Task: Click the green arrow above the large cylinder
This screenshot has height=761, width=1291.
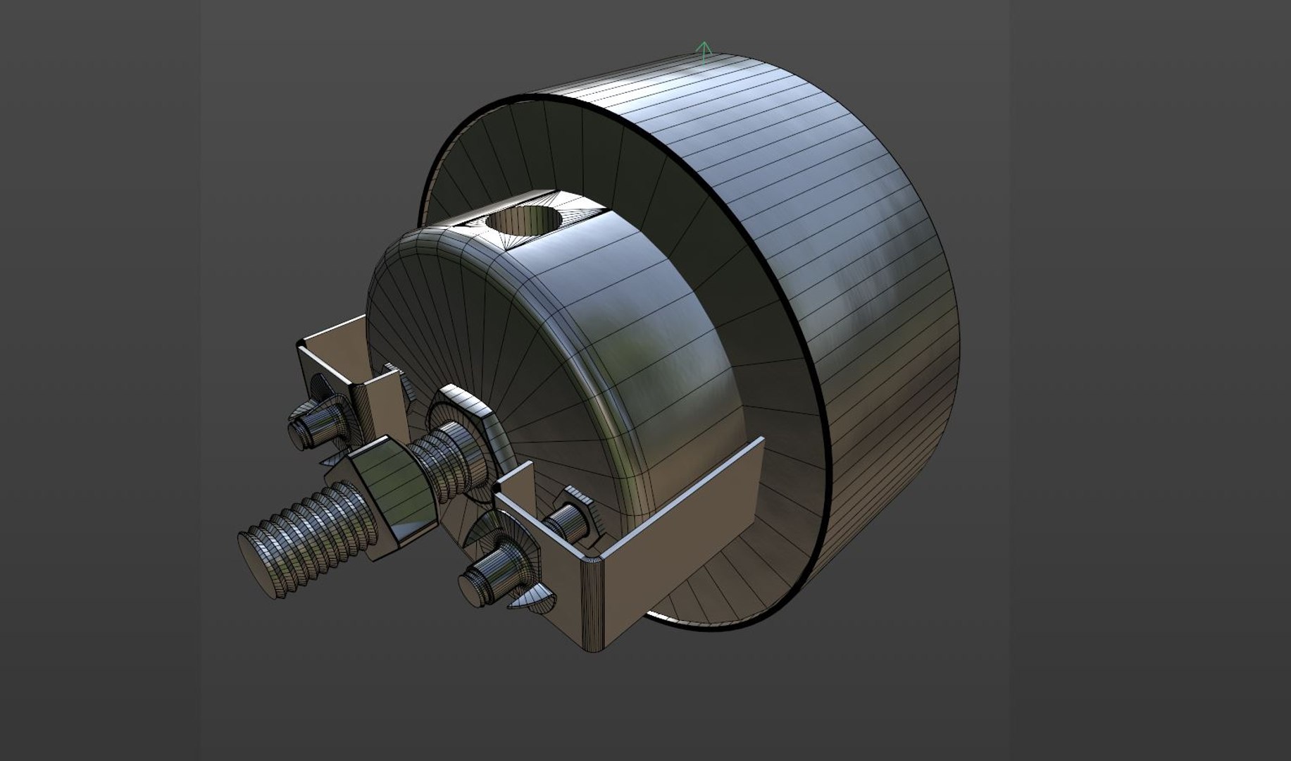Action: [703, 51]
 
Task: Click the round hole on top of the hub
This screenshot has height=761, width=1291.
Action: [523, 222]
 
